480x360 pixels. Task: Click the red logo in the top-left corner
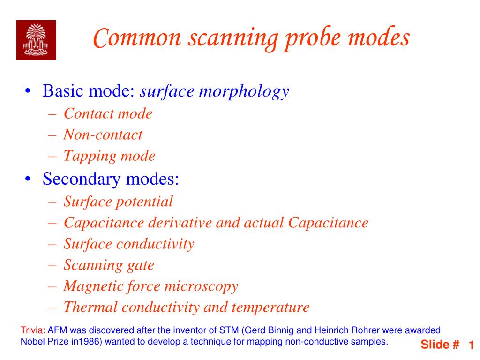click(x=36, y=40)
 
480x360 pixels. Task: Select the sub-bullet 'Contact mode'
click(x=108, y=113)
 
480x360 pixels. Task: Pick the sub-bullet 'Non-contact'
click(x=103, y=135)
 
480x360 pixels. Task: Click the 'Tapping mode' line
click(x=109, y=156)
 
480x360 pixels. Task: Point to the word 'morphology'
click(x=244, y=91)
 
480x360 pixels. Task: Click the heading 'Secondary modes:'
click(x=112, y=179)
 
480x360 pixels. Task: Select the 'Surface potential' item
click(x=118, y=202)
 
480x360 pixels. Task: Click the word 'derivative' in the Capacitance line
click(x=180, y=223)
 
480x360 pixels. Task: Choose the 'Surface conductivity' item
click(x=129, y=244)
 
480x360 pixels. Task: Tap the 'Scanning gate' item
click(x=109, y=265)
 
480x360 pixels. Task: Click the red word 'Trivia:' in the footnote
click(x=33, y=330)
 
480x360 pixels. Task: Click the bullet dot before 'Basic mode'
click(x=29, y=91)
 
